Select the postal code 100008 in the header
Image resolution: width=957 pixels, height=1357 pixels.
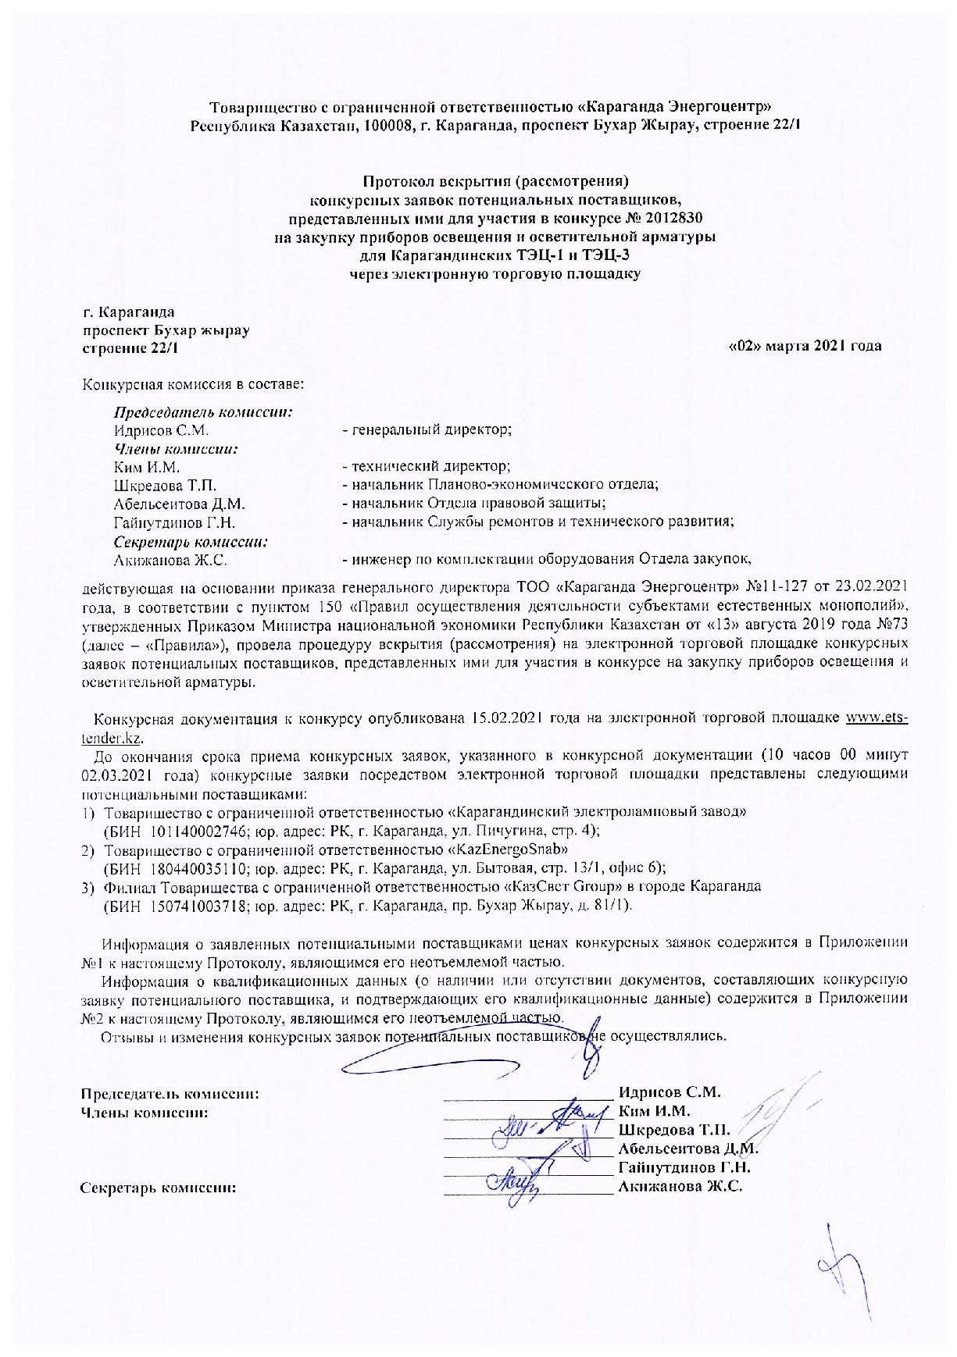pyautogui.click(x=388, y=126)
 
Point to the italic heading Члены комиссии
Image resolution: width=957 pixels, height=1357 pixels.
pyautogui.click(x=176, y=449)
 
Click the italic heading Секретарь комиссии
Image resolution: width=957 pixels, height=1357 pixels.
pyautogui.click(x=191, y=541)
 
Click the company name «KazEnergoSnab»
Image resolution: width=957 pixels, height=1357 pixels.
pyautogui.click(x=506, y=849)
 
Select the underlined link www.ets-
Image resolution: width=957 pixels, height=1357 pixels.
pyautogui.click(x=877, y=718)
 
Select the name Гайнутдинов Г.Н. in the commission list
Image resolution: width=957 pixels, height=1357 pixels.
pyautogui.click(x=175, y=522)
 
